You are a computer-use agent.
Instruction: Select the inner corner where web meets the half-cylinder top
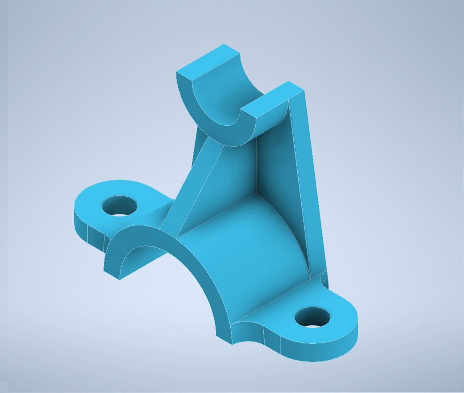click(x=255, y=194)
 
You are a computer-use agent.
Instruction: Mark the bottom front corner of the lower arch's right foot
click(x=232, y=342)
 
